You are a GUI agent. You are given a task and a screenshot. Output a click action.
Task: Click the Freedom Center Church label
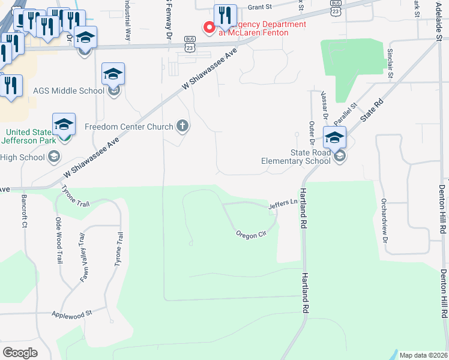click(x=128, y=127)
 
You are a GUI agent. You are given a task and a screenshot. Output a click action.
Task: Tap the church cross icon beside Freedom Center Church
click(x=182, y=127)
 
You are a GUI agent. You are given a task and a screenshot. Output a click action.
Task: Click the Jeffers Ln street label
click(x=283, y=204)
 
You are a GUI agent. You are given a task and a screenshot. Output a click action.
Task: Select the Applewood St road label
click(x=71, y=314)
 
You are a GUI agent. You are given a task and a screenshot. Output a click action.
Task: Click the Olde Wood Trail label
click(x=59, y=241)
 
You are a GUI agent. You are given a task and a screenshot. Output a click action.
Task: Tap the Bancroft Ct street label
click(x=25, y=211)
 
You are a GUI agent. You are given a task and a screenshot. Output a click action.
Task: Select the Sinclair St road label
click(x=390, y=64)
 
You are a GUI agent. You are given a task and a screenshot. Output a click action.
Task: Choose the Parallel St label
click(x=346, y=113)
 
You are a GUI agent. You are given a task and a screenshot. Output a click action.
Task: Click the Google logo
click(x=20, y=353)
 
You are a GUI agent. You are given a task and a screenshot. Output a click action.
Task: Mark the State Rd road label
click(x=372, y=111)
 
